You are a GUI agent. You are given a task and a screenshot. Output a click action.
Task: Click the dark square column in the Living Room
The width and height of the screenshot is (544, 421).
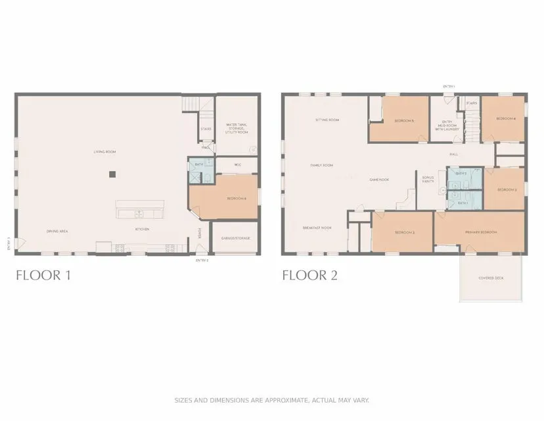[113, 174]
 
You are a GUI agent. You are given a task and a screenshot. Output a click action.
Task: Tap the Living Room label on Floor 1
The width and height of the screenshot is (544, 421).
[104, 152]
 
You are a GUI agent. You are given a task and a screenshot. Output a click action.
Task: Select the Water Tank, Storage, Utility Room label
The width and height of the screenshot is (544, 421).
[237, 128]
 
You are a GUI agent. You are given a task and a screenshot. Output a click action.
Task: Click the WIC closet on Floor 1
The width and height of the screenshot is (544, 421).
[236, 165]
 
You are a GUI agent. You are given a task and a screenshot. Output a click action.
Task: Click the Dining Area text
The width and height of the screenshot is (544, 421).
[58, 231]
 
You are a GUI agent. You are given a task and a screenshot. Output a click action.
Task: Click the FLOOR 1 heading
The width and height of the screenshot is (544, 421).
[43, 275]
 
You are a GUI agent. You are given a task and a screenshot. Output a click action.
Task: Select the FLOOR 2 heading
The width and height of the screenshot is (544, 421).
[309, 275]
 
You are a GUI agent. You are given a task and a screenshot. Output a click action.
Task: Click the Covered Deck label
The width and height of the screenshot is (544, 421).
[491, 278]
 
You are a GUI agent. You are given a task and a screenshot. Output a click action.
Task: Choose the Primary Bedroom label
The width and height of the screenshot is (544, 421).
[481, 232]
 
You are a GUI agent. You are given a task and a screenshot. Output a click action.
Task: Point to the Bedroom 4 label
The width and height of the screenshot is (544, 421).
[505, 118]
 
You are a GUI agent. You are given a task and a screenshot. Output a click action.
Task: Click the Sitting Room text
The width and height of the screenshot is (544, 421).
[327, 120]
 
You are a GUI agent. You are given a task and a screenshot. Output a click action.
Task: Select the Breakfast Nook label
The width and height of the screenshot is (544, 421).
[317, 228]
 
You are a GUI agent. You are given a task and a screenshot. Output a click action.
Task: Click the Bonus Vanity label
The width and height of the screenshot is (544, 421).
[428, 180]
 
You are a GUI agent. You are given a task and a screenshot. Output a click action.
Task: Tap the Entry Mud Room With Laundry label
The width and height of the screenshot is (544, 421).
[448, 126]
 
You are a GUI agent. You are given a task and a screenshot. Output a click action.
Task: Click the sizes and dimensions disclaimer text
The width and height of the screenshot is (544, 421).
[271, 399]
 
